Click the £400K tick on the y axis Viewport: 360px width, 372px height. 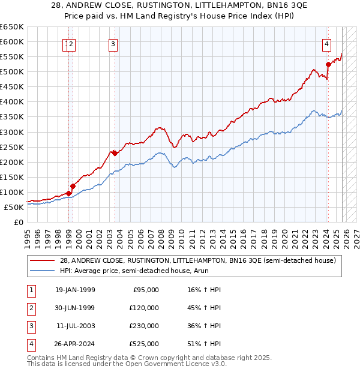[x=12, y=101]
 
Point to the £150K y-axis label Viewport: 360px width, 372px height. [x=12, y=177]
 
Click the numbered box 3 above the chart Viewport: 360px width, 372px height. [x=113, y=43]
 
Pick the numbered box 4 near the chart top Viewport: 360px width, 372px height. [x=326, y=43]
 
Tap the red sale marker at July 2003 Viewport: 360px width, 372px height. [x=115, y=152]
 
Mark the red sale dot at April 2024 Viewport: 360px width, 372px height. [x=328, y=64]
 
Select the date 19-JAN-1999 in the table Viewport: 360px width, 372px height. [x=75, y=290]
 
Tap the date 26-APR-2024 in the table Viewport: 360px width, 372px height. [x=75, y=344]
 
